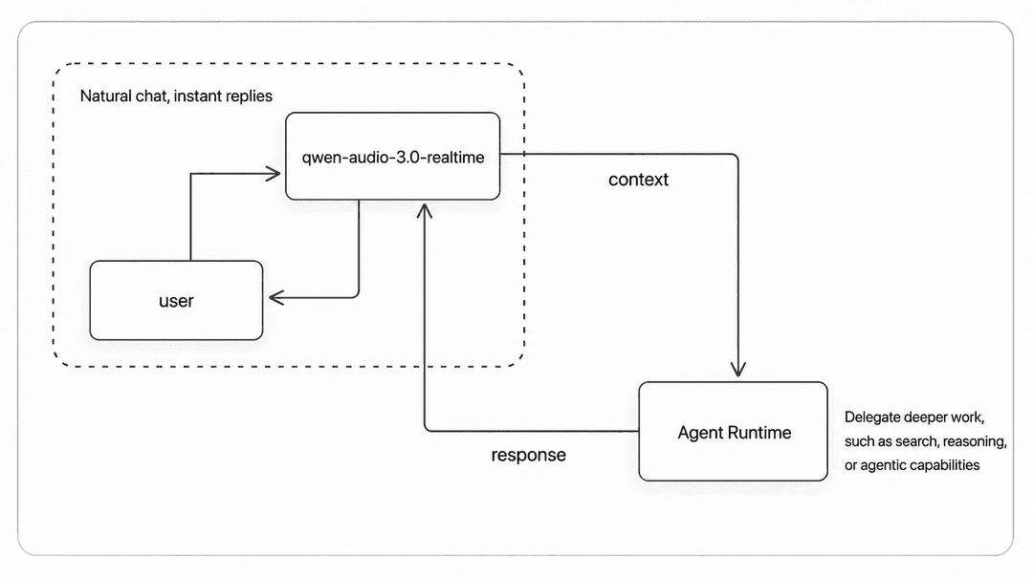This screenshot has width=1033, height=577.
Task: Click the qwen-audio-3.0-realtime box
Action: [393, 156]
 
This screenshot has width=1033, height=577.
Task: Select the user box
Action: [176, 300]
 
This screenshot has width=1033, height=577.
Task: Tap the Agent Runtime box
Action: [734, 431]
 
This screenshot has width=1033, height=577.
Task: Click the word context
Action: [638, 180]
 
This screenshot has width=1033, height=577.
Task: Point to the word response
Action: [528, 455]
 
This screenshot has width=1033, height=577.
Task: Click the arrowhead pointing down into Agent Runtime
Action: [737, 369]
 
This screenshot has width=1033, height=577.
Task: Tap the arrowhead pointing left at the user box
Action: [276, 297]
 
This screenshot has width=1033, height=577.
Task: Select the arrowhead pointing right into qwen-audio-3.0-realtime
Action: [273, 174]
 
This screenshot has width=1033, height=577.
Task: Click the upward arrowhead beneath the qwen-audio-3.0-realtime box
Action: [425, 211]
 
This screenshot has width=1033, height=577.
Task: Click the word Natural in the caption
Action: [105, 96]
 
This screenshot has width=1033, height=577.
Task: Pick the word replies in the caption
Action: [249, 96]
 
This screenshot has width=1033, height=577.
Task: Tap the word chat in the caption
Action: [151, 96]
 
